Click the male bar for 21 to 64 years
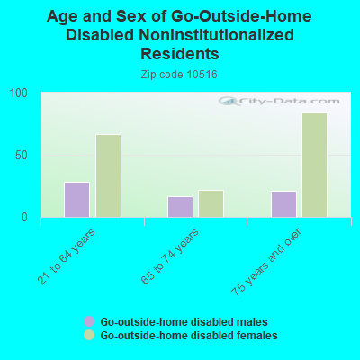(x=76, y=200)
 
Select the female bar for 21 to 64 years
(x=108, y=176)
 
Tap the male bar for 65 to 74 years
(x=180, y=207)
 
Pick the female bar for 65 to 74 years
(x=211, y=204)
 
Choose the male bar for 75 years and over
(x=283, y=204)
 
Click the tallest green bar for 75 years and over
(x=314, y=165)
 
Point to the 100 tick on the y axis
(x=19, y=94)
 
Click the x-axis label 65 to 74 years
(x=172, y=256)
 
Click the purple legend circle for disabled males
(x=89, y=321)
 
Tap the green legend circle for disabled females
(x=89, y=335)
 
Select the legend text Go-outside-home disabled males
(x=184, y=321)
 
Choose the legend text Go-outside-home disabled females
(x=188, y=335)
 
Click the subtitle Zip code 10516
(x=180, y=75)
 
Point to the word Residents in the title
(x=180, y=54)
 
